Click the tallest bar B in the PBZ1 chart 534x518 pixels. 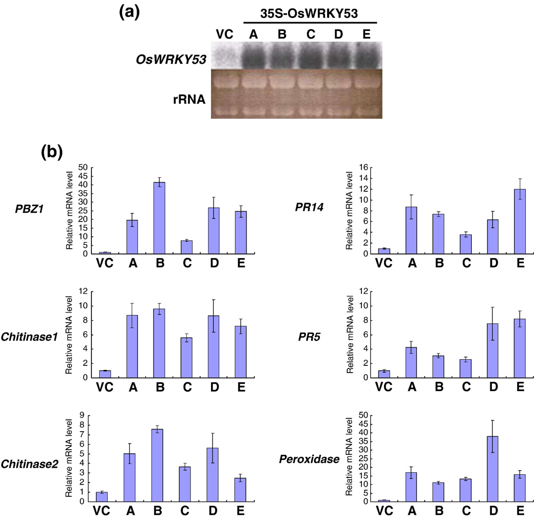point(159,218)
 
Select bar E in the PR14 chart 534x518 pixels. point(520,221)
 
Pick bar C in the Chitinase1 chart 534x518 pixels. point(186,358)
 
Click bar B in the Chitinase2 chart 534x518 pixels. point(157,466)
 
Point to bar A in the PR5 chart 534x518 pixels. point(412,363)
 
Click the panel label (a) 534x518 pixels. point(129,13)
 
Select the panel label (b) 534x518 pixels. point(52,152)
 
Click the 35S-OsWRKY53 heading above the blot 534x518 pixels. point(309,13)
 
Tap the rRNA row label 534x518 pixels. point(189,99)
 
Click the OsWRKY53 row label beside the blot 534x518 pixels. point(171,60)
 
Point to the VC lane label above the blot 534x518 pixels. point(224,34)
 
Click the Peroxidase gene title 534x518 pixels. point(309,459)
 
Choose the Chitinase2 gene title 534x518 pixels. point(30,464)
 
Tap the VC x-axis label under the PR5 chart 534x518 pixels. point(384,387)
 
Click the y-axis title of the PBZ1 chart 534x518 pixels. point(69,211)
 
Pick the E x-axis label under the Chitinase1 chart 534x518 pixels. point(241,387)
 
